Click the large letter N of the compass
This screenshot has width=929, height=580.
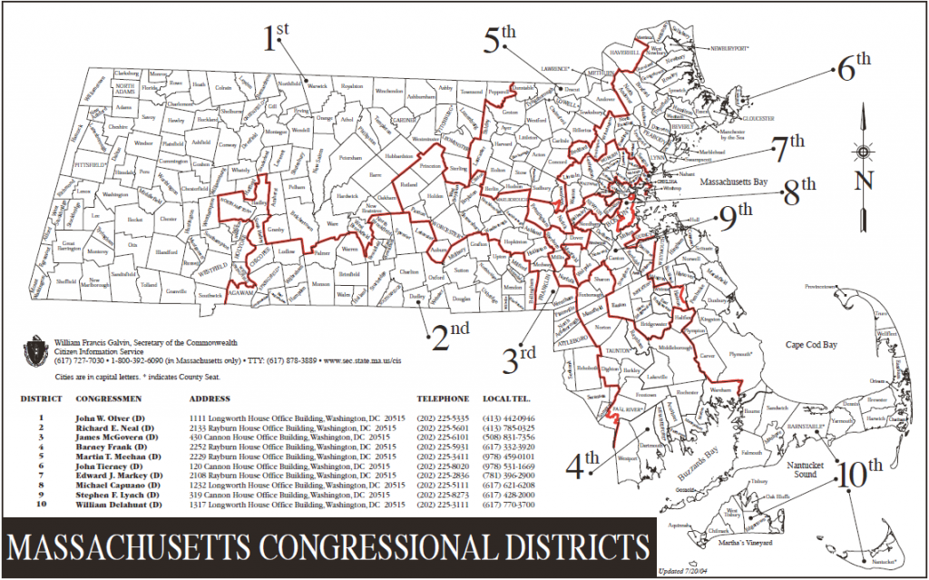pyautogui.click(x=864, y=180)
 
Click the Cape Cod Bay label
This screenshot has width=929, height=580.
pyautogui.click(x=813, y=345)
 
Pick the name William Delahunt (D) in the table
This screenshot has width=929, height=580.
pyautogui.click(x=117, y=504)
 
